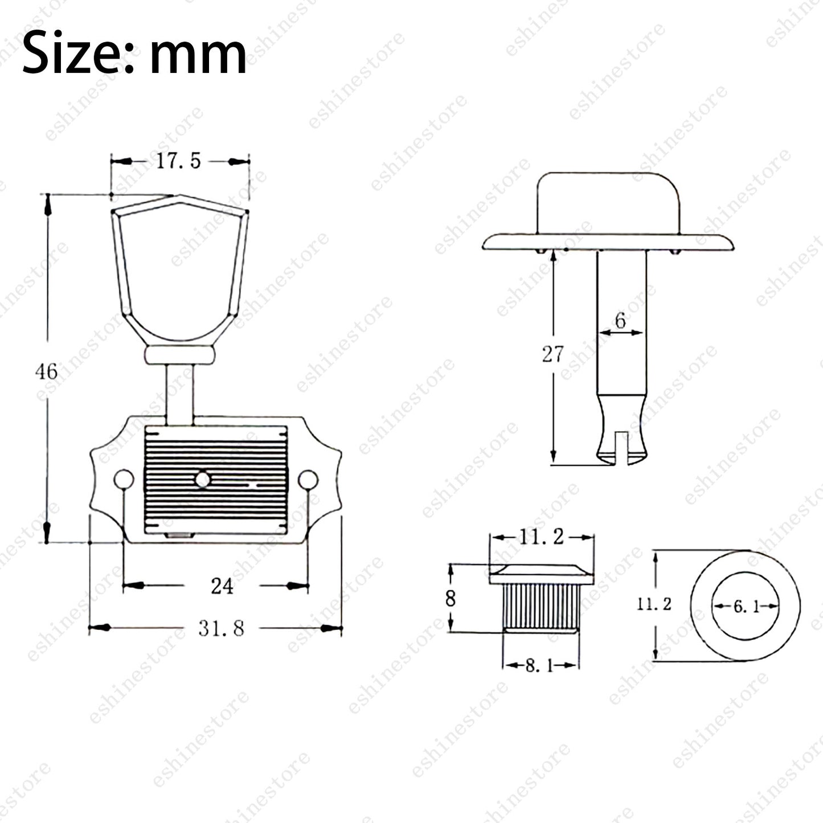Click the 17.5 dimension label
[178, 161]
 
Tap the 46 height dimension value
[46, 371]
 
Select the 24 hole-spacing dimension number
[222, 587]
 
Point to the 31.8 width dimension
[221, 629]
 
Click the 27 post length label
[552, 354]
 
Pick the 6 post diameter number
[620, 320]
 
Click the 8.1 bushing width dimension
[539, 665]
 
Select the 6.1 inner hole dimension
[747, 607]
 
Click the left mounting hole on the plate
[124, 480]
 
